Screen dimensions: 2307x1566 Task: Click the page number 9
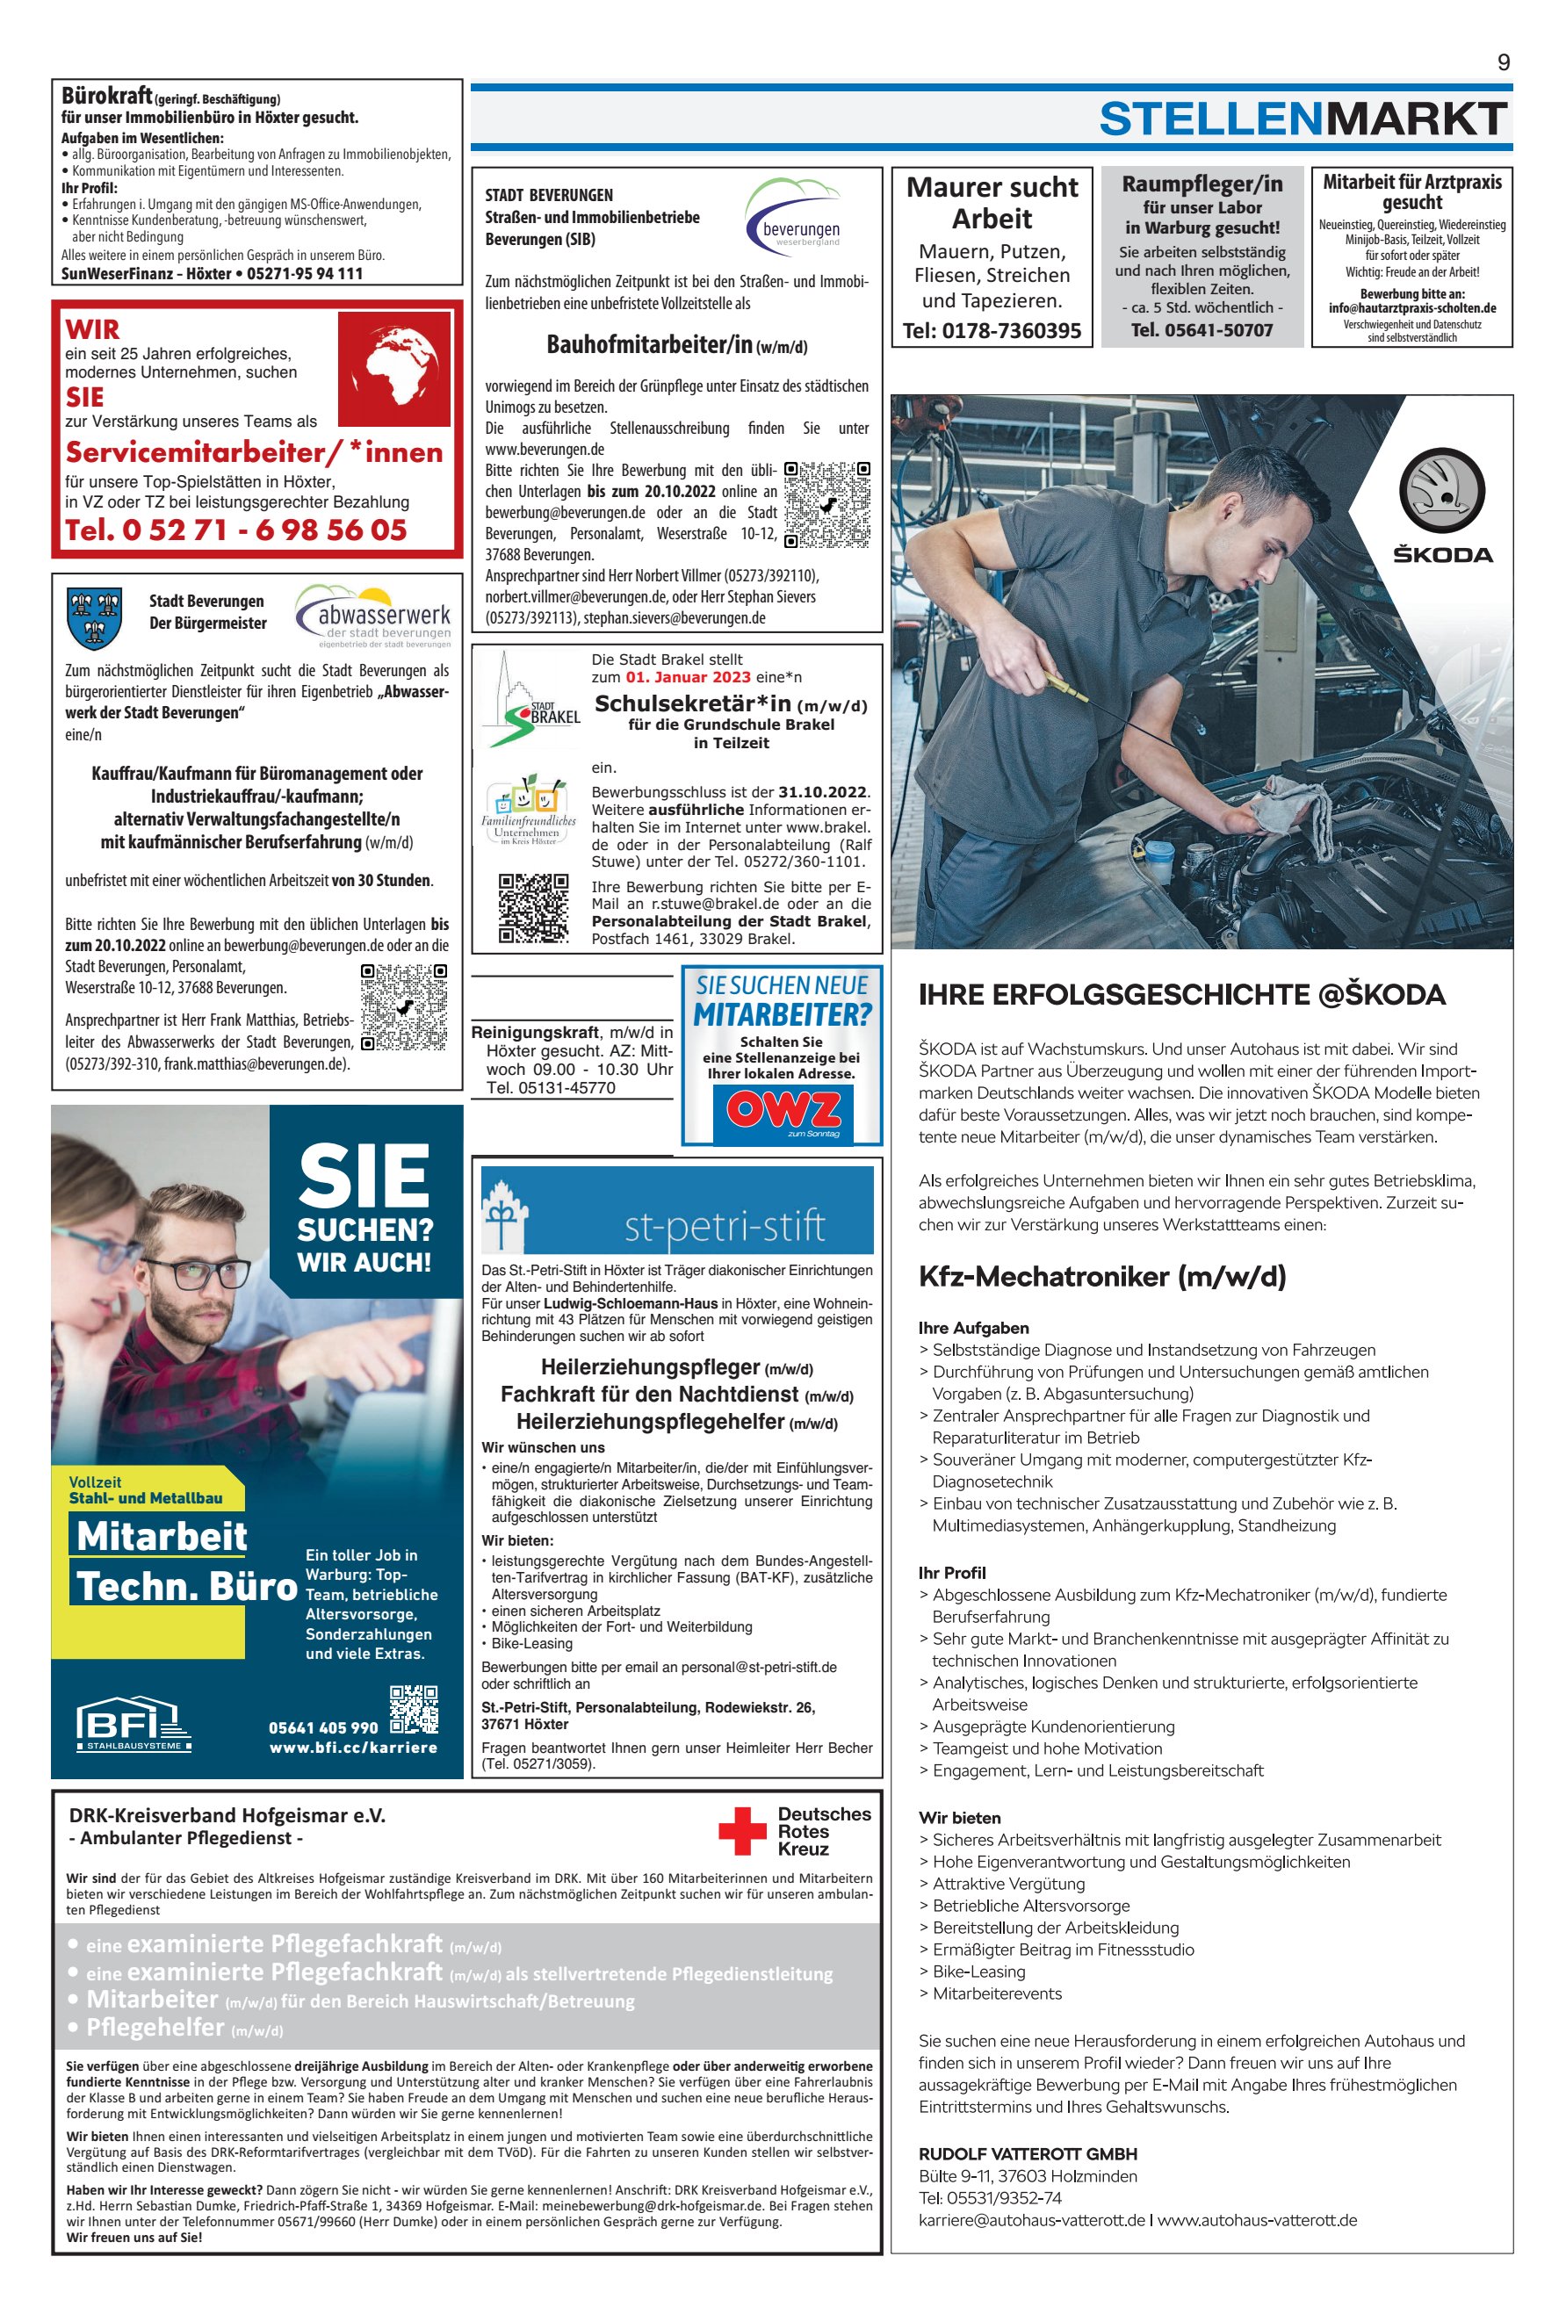1504,62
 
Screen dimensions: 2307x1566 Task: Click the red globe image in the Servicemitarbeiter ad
395,368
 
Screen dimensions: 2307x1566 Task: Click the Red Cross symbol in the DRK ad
742,1830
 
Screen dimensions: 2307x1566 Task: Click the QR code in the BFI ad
414,1707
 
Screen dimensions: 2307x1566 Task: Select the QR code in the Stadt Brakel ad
533,907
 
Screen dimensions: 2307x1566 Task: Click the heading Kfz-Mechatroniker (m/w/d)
1101,1277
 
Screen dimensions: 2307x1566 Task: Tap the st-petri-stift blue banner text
724,1227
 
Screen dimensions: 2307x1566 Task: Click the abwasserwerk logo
373,615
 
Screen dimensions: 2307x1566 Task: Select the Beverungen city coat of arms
93,616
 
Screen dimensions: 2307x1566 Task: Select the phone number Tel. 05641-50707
1202,329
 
